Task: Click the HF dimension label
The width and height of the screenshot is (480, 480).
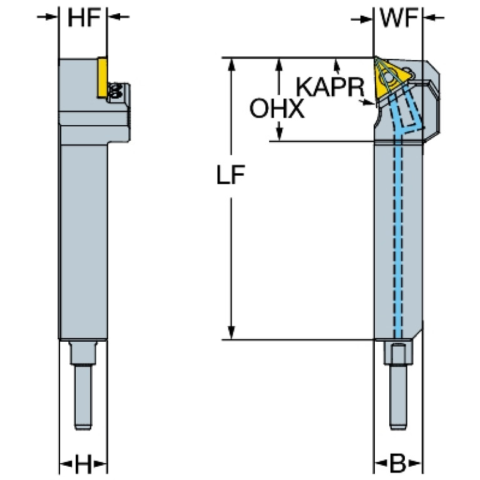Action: click(83, 18)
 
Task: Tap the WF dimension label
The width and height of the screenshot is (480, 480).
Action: click(398, 19)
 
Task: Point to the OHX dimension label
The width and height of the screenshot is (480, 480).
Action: click(277, 109)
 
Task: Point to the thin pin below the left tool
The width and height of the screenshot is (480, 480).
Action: click(82, 397)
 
